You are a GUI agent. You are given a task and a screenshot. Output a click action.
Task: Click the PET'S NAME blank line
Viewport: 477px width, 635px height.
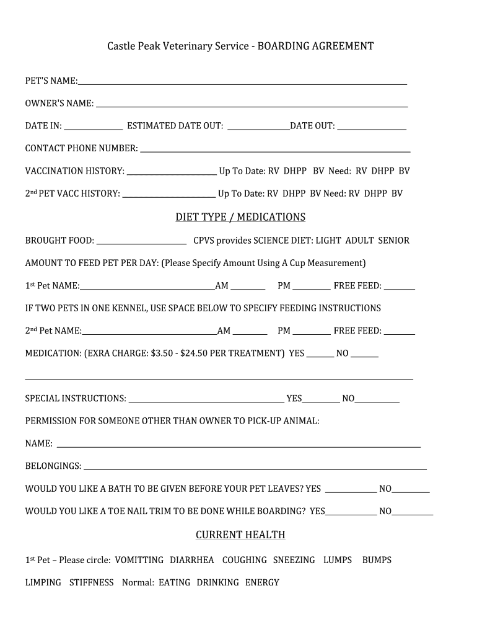click(242, 82)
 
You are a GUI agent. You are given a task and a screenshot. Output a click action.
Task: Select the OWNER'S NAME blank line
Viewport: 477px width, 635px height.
click(252, 105)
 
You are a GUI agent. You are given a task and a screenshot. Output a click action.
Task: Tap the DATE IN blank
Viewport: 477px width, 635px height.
click(94, 128)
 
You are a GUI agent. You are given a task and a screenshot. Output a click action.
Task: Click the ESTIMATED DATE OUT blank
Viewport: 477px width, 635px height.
click(258, 128)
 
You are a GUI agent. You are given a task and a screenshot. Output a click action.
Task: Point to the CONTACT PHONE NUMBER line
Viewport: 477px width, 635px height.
click(274, 150)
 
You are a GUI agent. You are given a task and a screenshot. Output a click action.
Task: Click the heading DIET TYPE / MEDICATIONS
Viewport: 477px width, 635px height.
click(240, 217)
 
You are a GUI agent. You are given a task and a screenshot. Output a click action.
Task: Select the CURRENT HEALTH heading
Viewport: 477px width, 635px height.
click(240, 535)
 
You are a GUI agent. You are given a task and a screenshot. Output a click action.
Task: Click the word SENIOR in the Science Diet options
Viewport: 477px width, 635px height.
click(393, 241)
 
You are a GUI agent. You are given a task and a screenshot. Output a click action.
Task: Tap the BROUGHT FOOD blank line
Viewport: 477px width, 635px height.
click(141, 242)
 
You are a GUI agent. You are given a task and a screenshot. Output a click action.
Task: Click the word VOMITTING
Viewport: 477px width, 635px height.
click(139, 560)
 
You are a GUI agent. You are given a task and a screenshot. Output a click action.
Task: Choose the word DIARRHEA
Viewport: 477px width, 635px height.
click(192, 560)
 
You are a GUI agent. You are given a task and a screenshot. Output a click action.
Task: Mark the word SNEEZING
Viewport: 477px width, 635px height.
click(294, 560)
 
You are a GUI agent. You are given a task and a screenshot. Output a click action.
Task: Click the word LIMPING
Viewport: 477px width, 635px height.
click(43, 582)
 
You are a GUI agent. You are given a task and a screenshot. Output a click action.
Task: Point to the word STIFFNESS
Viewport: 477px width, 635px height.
click(92, 582)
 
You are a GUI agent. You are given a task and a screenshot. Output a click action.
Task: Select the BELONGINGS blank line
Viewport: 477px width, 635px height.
click(255, 468)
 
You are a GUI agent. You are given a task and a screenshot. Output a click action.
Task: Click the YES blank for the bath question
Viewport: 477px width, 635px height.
click(351, 491)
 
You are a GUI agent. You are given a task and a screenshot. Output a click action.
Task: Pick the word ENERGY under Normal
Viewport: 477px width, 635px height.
click(262, 582)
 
